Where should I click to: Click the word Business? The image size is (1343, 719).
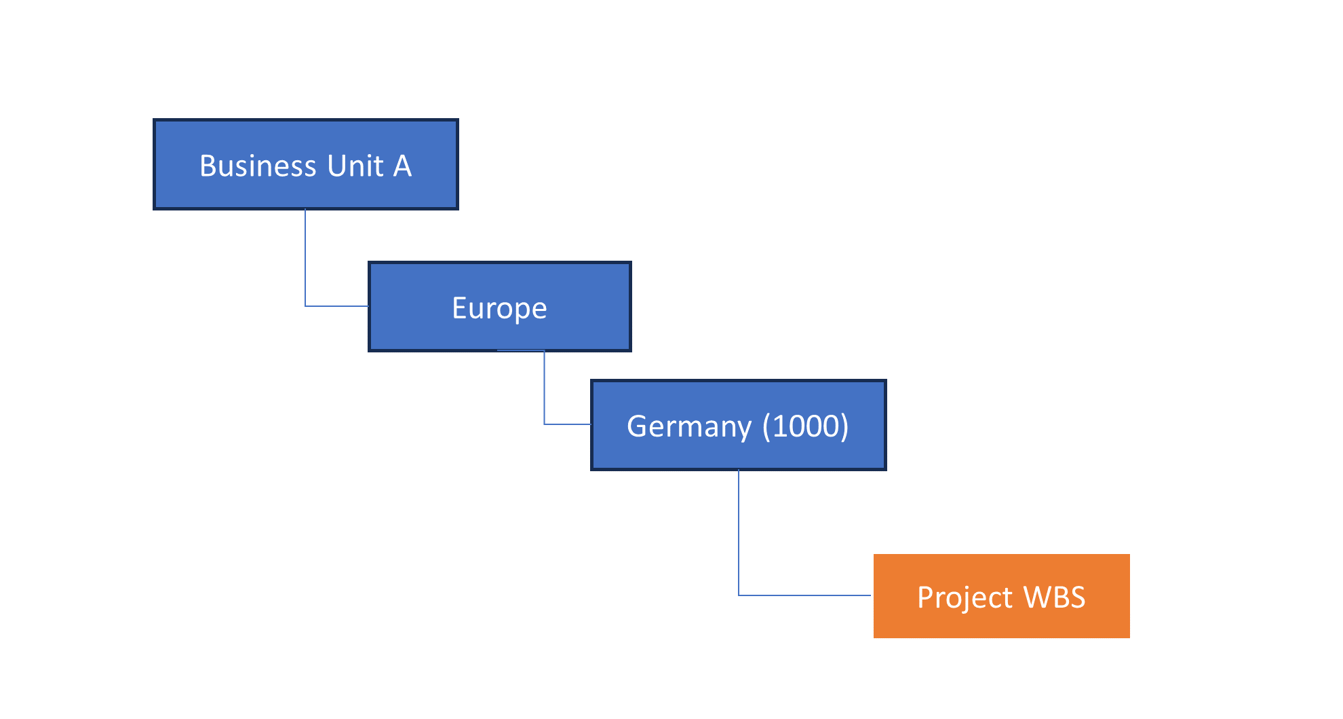coord(258,166)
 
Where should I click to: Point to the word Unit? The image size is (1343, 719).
coord(355,166)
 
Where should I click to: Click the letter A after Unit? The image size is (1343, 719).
coord(402,166)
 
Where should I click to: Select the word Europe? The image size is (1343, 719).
coord(499,308)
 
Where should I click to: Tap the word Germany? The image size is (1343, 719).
coord(689,426)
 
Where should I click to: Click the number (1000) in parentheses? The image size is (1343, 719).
coord(805,426)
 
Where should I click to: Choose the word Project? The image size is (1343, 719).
coord(965,597)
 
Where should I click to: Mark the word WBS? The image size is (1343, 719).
coord(1054,597)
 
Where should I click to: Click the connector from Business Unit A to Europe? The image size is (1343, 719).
coord(305,258)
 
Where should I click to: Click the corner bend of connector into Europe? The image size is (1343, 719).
coord(305,306)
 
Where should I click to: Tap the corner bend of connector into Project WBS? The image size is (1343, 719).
coord(739,595)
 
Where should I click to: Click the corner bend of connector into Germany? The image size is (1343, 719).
coord(544,424)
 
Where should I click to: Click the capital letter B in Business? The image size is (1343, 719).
coord(207,166)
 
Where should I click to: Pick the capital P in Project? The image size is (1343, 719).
coord(924,597)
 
